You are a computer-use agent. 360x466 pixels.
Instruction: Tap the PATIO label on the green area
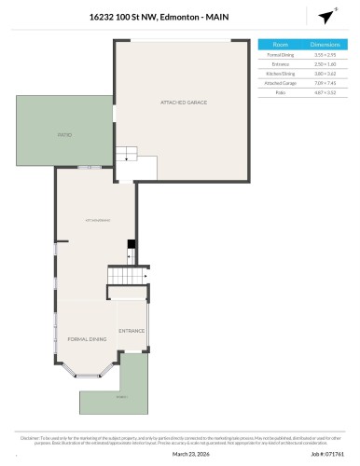[64, 136]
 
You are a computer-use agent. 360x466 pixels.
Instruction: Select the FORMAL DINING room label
[86, 339]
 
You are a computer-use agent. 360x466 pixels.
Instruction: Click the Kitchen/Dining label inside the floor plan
[98, 219]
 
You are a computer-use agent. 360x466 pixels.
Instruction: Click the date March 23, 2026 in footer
[189, 454]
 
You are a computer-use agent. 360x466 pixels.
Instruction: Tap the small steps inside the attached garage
[126, 157]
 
